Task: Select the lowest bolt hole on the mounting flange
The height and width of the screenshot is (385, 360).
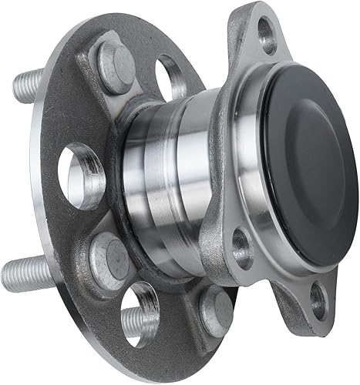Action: point(317,300)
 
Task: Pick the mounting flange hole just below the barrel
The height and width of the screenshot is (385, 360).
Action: point(242,247)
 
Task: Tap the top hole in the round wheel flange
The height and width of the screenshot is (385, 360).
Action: point(171,77)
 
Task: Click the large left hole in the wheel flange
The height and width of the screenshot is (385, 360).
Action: point(81,175)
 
